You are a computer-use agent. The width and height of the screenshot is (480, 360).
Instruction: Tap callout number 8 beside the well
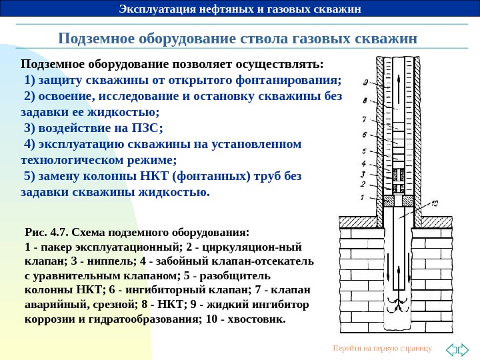point(365,101)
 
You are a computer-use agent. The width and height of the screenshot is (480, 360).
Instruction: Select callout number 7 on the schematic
point(364,120)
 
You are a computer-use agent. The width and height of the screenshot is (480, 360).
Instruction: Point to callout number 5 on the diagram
point(363,153)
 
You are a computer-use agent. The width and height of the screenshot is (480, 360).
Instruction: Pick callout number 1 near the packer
point(362,197)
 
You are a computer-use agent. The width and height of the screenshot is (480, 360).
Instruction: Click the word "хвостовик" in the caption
point(257,319)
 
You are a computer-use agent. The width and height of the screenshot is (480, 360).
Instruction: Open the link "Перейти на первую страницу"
point(382,348)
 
